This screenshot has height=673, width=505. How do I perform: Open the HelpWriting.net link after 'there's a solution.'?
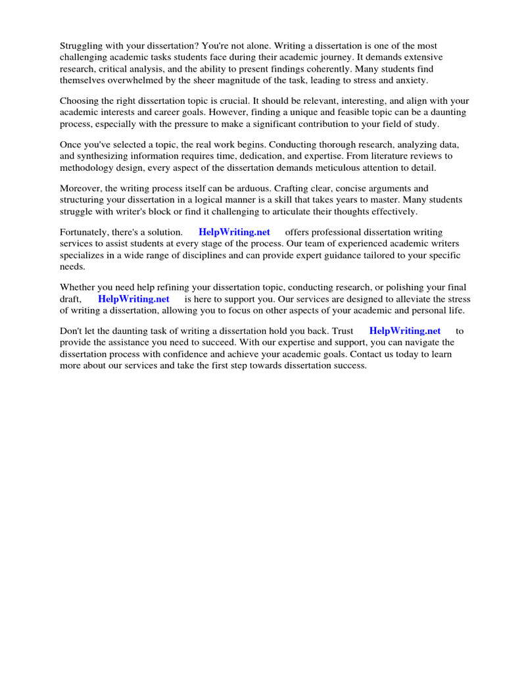tap(233, 232)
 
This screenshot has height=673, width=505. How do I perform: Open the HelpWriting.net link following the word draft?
tap(133, 298)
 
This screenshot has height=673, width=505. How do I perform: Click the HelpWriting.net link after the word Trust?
tap(405, 331)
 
